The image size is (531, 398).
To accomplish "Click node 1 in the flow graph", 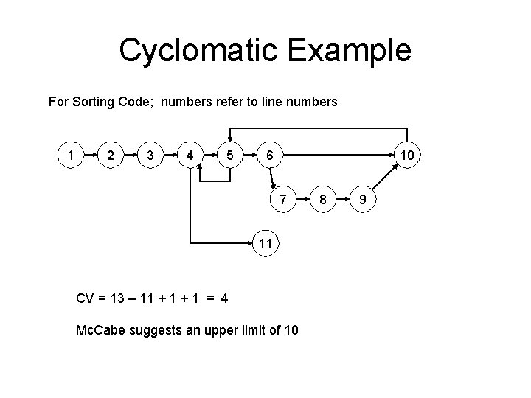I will click(x=70, y=156).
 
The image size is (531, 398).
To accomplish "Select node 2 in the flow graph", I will click(x=110, y=156).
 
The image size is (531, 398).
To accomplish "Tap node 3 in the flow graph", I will click(x=150, y=156).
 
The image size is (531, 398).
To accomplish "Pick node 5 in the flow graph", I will click(x=230, y=156).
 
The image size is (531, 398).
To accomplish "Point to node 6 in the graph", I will click(x=270, y=156).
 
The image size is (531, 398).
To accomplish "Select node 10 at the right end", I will click(x=406, y=156).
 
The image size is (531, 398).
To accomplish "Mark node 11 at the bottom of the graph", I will click(x=266, y=242).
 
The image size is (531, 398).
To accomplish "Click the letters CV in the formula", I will click(x=86, y=298).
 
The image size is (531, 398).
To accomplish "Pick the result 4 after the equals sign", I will click(x=223, y=298).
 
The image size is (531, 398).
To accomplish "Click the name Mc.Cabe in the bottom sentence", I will click(x=102, y=329).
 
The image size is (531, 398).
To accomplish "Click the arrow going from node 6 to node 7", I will click(x=274, y=177).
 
